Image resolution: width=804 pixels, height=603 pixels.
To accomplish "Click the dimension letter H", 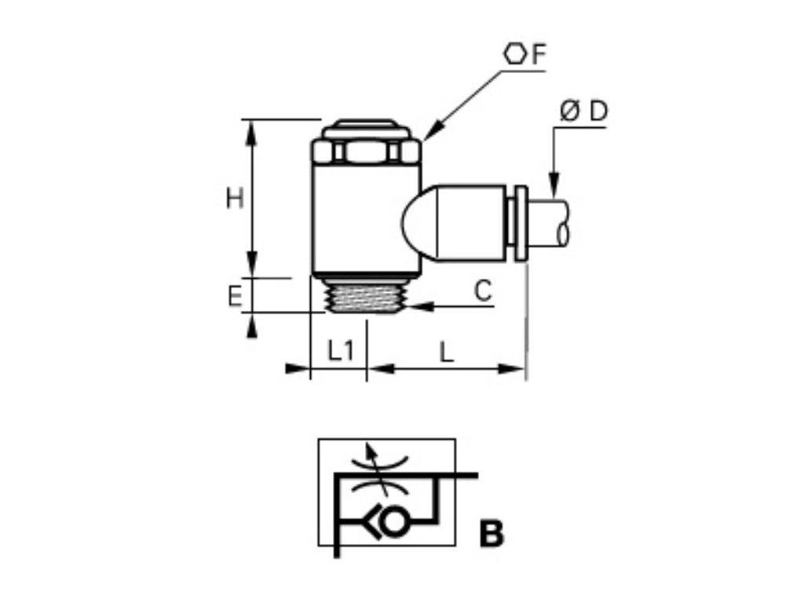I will [x=234, y=199].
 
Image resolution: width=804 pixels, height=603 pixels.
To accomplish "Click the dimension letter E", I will [x=234, y=297].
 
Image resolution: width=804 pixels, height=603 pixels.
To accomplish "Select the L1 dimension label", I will [x=341, y=351].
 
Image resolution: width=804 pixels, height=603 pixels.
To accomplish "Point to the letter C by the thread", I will [x=483, y=291].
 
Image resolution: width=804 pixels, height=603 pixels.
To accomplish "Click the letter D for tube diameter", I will [x=598, y=111].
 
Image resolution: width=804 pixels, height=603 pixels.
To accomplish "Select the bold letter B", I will [x=492, y=534].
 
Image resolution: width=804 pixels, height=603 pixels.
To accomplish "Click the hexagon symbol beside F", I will [x=515, y=54].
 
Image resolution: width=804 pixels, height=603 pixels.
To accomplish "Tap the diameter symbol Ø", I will [x=570, y=112].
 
